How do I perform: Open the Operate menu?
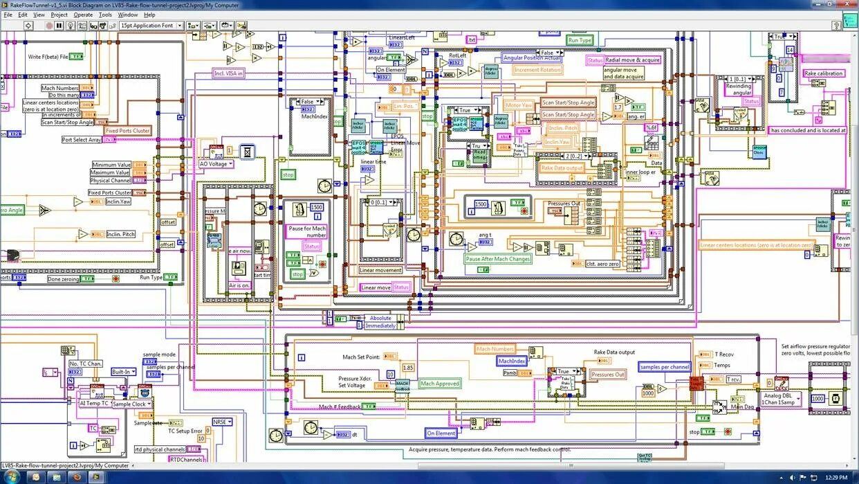(83, 15)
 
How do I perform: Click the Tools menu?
(105, 15)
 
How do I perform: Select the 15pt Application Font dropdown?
(151, 26)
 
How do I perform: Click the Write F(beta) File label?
(48, 57)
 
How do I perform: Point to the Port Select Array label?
(81, 140)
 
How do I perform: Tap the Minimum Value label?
(111, 165)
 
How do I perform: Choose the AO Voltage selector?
(216, 164)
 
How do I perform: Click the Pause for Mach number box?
(306, 231)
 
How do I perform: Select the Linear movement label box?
(380, 270)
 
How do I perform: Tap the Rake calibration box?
(823, 73)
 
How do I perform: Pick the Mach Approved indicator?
(440, 384)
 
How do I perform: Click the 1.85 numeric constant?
(408, 368)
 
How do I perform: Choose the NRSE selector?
(222, 422)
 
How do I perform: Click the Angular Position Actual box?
(531, 58)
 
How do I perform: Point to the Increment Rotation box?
(538, 70)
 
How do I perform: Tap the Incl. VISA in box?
(228, 73)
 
